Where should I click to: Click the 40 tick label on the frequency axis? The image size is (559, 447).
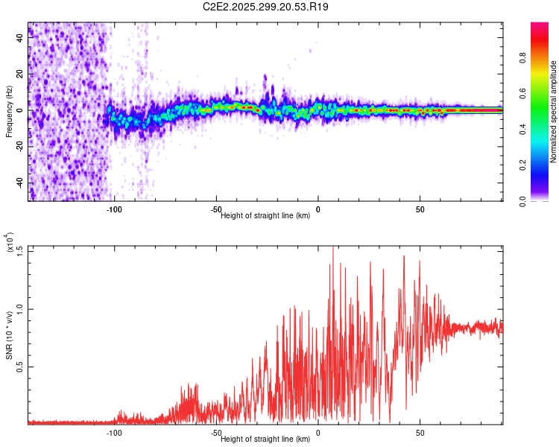[x=20, y=38]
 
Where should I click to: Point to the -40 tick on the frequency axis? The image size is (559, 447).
[x=20, y=183]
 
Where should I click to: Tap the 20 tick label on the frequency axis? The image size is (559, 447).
[x=20, y=74]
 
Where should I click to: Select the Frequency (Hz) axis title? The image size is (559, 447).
[x=9, y=111]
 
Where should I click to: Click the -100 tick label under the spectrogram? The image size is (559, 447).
[x=114, y=210]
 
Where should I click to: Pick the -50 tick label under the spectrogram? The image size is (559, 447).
[x=216, y=210]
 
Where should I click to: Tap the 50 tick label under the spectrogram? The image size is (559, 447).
[x=420, y=210]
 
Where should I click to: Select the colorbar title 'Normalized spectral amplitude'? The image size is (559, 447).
[x=554, y=112]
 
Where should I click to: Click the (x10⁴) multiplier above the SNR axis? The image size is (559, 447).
[x=10, y=243]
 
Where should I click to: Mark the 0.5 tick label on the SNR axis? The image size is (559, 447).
[x=20, y=367]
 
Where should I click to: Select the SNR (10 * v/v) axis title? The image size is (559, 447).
[x=9, y=335]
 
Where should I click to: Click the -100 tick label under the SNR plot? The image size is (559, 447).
[x=114, y=433]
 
